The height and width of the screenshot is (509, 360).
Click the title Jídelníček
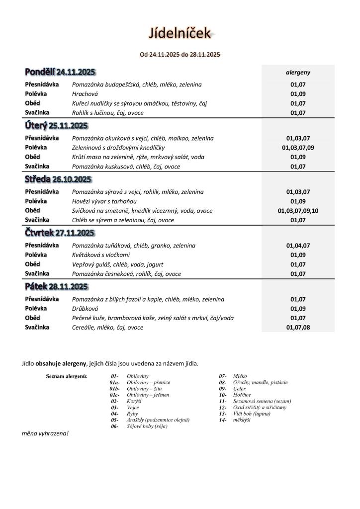click(180, 33)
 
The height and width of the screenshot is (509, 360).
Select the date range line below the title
click(180, 54)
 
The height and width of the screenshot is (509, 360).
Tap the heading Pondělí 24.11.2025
click(60, 72)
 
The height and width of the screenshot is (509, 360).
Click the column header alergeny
click(298, 72)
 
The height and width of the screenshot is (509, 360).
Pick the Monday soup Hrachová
click(85, 94)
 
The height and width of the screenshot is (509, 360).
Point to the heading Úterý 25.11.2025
click(56, 125)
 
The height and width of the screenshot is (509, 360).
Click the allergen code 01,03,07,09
click(298, 148)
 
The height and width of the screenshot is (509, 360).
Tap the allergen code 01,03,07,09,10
click(298, 211)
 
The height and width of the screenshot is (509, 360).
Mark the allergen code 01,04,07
click(298, 246)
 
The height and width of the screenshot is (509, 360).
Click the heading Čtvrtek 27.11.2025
click(60, 233)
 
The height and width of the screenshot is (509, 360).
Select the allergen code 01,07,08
click(298, 328)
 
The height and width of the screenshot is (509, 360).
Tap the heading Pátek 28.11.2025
click(56, 286)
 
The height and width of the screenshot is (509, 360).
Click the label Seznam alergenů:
click(67, 376)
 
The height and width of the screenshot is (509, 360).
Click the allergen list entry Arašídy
click(158, 420)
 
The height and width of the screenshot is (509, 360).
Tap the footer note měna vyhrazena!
click(45, 433)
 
